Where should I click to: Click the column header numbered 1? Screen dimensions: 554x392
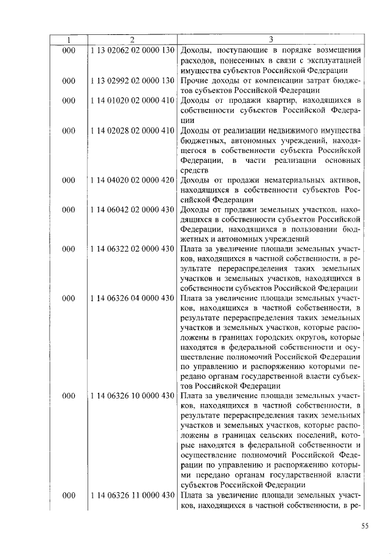click(68, 40)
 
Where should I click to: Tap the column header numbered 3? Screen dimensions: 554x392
click(270, 40)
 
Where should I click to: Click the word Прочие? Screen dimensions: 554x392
click(195, 81)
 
